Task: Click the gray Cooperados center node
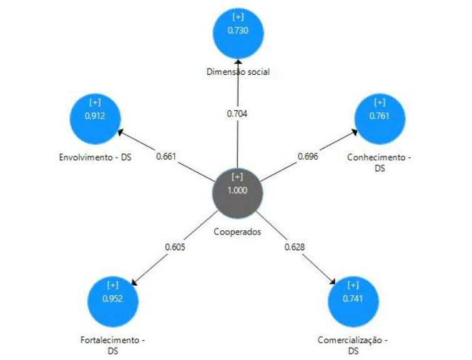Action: point(238,183)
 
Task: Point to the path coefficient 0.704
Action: point(238,114)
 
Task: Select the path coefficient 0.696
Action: point(308,156)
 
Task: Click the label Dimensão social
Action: point(238,72)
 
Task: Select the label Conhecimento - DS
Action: point(379,163)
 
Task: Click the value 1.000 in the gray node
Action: point(238,190)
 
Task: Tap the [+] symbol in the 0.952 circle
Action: point(112,285)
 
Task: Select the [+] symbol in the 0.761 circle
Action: point(380,101)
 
